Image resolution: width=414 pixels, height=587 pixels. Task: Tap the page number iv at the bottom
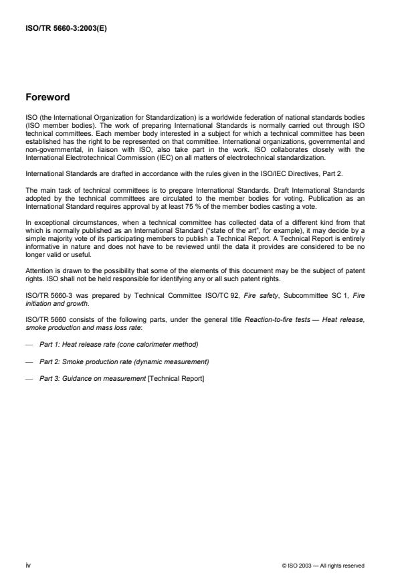[x=28, y=565]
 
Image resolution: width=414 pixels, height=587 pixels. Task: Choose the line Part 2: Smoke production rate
[x=124, y=361]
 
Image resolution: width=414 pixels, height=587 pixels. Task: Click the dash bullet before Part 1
[x=29, y=344]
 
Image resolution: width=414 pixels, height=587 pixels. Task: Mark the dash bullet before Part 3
[x=29, y=379]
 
